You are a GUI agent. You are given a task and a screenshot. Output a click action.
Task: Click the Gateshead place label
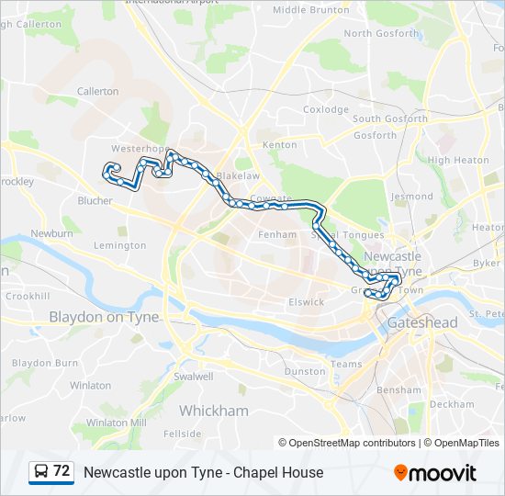tap(422, 322)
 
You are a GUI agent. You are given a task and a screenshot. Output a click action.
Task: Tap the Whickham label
tap(213, 411)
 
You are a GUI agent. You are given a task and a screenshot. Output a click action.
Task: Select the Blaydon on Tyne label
tap(104, 317)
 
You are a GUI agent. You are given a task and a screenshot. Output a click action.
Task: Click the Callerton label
tap(98, 92)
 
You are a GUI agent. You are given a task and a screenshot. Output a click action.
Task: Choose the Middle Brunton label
tap(311, 10)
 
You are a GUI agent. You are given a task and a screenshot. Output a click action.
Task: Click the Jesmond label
tap(411, 197)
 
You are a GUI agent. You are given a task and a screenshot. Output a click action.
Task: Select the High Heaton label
tap(458, 160)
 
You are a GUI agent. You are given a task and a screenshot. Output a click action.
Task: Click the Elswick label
tap(307, 301)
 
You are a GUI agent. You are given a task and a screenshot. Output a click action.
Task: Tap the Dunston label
tap(305, 372)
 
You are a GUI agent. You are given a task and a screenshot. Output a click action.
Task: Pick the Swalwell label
tap(193, 377)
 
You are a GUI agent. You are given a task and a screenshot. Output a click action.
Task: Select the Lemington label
tap(119, 245)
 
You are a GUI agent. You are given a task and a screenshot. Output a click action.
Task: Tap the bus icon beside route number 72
tap(41, 472)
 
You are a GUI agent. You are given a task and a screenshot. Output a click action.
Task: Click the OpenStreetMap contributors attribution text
tap(352, 443)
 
